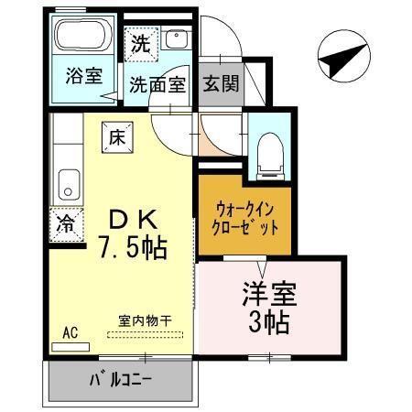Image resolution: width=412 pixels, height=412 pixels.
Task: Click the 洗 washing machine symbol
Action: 141,42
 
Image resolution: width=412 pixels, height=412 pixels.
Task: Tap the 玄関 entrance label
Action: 221,84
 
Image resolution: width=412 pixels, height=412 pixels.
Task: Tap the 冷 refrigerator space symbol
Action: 67,222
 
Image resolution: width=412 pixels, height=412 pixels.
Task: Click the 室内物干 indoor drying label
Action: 145,320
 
